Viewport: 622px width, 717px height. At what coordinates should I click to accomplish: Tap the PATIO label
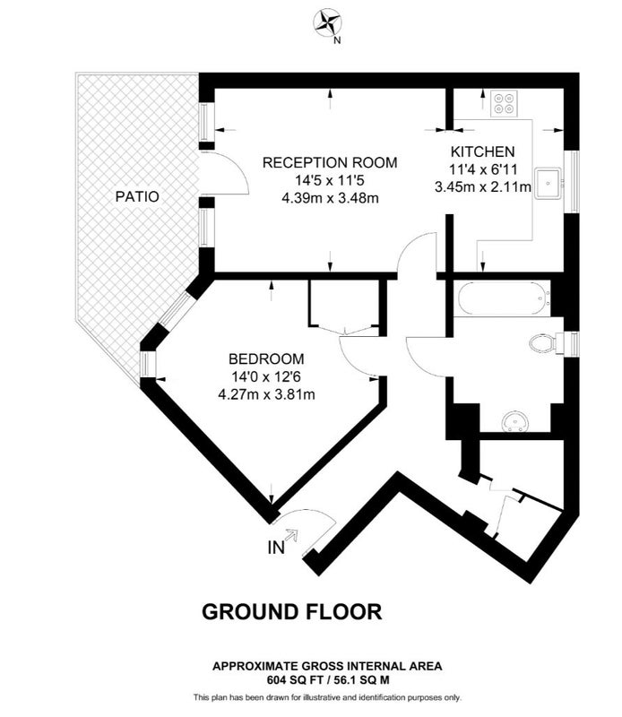pyautogui.click(x=137, y=196)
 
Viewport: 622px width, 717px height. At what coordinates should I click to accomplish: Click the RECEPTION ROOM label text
pyautogui.click(x=330, y=162)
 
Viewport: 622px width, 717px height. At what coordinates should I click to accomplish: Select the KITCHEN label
pyautogui.click(x=482, y=151)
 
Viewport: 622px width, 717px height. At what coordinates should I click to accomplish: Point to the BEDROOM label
pyautogui.click(x=267, y=358)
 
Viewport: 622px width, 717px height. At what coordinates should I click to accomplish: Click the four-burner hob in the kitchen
pyautogui.click(x=504, y=103)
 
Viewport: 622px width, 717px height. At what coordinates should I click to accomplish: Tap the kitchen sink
pyautogui.click(x=549, y=184)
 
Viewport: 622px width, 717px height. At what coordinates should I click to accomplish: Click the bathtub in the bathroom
pyautogui.click(x=503, y=298)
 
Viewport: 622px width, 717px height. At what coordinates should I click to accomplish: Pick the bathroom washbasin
pyautogui.click(x=515, y=421)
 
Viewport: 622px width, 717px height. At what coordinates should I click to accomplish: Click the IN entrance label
pyautogui.click(x=276, y=548)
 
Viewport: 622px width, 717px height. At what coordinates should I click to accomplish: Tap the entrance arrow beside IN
pyautogui.click(x=291, y=534)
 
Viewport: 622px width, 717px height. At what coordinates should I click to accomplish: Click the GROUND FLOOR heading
pyautogui.click(x=292, y=611)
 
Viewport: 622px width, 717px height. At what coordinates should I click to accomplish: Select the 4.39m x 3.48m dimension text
pyautogui.click(x=330, y=198)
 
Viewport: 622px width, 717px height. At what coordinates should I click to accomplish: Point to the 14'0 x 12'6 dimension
pyautogui.click(x=266, y=376)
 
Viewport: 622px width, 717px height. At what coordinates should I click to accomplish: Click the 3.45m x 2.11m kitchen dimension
pyautogui.click(x=483, y=187)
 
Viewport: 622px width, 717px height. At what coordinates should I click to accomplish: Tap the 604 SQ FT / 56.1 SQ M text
pyautogui.click(x=328, y=680)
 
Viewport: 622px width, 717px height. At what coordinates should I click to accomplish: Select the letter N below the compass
pyautogui.click(x=337, y=40)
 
